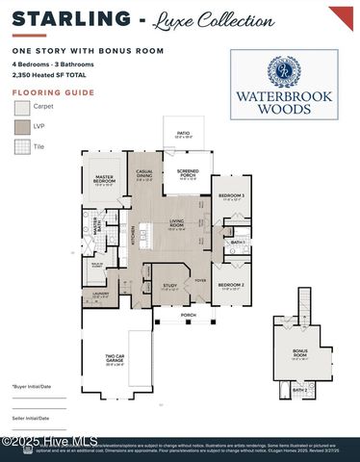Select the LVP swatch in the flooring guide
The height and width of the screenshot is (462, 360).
coord(22,126)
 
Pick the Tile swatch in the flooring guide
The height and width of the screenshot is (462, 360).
coord(22,146)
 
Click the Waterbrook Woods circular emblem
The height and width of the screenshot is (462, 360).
coord(284,71)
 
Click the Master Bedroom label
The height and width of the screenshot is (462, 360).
coord(105,179)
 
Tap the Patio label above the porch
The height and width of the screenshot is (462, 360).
coord(183,135)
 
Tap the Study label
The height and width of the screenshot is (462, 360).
coord(169,286)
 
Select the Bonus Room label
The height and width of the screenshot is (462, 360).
coord(299,352)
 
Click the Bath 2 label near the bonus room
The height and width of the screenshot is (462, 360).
coord(299,390)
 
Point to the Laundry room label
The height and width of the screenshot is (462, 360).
coord(101,295)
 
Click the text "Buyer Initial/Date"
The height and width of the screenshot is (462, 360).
coord(33,385)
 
